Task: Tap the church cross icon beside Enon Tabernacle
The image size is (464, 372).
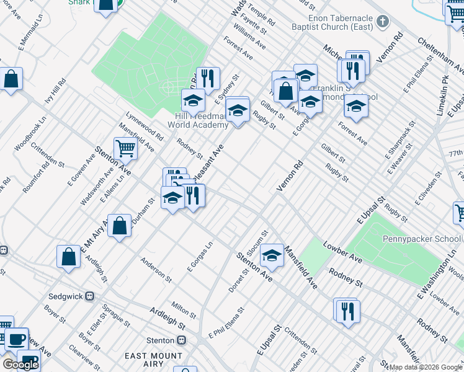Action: (383, 23)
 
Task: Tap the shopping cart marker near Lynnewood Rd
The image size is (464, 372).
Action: (126, 148)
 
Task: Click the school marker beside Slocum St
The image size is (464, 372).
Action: (271, 254)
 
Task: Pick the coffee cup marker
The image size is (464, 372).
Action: (17, 339)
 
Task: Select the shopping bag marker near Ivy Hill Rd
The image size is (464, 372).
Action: (11, 79)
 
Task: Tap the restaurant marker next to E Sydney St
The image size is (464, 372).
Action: (208, 78)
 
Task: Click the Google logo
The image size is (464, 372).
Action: (20, 365)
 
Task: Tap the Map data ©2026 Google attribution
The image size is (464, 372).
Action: (426, 367)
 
